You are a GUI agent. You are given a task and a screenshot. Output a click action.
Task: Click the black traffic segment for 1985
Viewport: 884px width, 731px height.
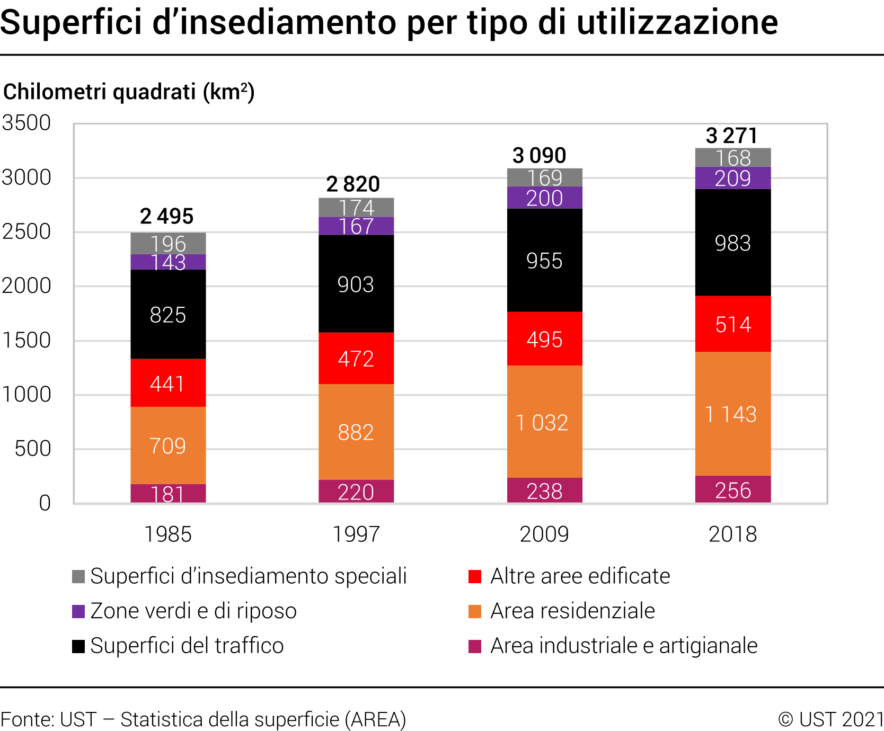168,314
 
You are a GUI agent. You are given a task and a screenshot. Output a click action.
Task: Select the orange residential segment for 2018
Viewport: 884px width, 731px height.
732,414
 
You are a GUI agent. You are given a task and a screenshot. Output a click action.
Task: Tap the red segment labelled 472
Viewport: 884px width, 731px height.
356,358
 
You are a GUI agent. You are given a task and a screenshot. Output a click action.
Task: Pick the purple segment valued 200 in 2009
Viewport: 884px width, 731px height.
544,198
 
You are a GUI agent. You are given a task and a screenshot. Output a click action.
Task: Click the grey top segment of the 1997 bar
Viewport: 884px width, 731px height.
356,207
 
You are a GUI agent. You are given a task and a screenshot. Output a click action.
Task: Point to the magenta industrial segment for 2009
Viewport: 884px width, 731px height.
544,491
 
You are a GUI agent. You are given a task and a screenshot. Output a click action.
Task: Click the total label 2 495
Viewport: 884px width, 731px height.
167,216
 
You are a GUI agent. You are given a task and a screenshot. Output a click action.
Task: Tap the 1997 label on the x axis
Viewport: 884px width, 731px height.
356,534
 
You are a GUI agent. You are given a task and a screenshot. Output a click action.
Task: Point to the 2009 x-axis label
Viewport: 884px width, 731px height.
544,534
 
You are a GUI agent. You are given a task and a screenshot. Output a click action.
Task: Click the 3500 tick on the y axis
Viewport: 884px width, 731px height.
26,123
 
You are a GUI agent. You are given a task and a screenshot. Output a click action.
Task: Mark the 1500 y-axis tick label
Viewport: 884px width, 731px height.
26,340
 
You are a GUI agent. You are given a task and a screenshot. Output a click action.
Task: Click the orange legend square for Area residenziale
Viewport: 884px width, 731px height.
475,611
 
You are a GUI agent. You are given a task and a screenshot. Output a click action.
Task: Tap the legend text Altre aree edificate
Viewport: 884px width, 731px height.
580,576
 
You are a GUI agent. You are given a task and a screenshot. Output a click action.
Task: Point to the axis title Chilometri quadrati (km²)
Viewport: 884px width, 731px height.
129,92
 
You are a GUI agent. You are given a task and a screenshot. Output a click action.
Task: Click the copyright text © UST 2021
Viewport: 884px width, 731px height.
830,719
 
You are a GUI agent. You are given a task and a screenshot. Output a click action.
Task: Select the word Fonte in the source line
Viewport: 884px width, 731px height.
26,719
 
